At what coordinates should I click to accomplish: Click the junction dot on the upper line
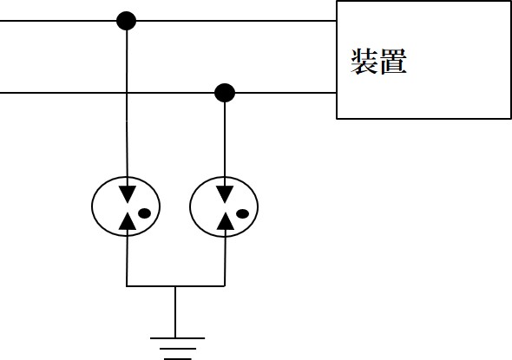coord(127,21)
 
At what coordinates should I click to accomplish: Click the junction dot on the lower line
coord(225,93)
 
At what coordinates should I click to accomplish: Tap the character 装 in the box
coord(364,62)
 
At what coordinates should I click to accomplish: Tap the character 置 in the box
coord(393,62)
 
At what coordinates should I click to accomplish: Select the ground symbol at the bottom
coord(177,349)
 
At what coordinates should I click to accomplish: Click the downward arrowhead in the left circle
coord(127,194)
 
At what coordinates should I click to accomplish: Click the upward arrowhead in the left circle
coord(127,221)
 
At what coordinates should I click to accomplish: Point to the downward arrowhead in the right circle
coord(225,194)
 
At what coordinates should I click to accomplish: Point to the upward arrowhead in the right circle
coord(226,221)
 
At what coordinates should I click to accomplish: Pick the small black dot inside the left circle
coord(144,213)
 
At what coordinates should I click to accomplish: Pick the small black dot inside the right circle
coord(242,213)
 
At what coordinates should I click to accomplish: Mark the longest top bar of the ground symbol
coord(177,338)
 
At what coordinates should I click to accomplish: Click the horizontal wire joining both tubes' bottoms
coord(175,286)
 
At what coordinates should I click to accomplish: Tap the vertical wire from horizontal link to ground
coord(175,312)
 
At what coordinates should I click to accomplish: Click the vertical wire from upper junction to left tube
coord(127,108)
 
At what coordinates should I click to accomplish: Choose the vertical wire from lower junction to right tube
coord(225,144)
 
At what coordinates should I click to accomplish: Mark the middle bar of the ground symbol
coord(178,349)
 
